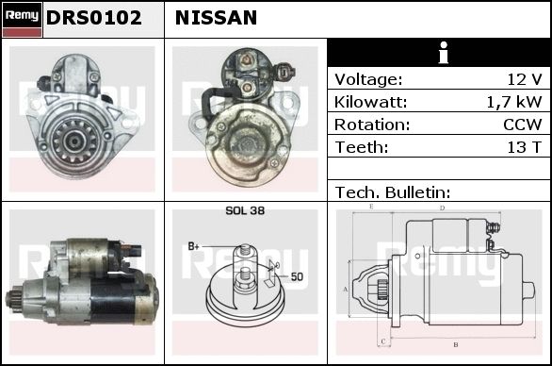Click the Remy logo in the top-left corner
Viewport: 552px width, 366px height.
(23, 20)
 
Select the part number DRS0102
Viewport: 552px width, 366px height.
(93, 18)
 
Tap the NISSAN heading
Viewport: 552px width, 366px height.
(216, 18)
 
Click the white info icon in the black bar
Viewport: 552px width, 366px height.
(444, 53)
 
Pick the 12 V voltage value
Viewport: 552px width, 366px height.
(524, 79)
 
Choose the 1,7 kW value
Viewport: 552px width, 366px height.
(514, 102)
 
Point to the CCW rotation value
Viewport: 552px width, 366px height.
(523, 125)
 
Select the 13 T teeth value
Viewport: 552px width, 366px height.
(524, 147)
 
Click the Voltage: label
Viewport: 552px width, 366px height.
(368, 79)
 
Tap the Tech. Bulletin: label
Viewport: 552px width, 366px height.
(393, 192)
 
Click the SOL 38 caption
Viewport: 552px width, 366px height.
(245, 210)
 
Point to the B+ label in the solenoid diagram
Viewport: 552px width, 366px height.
(193, 246)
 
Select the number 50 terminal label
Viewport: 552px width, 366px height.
(297, 276)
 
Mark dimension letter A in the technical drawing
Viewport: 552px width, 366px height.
(345, 290)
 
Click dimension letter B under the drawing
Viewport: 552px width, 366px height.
(456, 344)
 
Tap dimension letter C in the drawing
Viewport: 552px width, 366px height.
(383, 341)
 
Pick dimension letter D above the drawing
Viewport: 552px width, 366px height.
(442, 208)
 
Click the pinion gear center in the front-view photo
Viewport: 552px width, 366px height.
(74, 141)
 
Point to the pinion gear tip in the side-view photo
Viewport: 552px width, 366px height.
(8, 299)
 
